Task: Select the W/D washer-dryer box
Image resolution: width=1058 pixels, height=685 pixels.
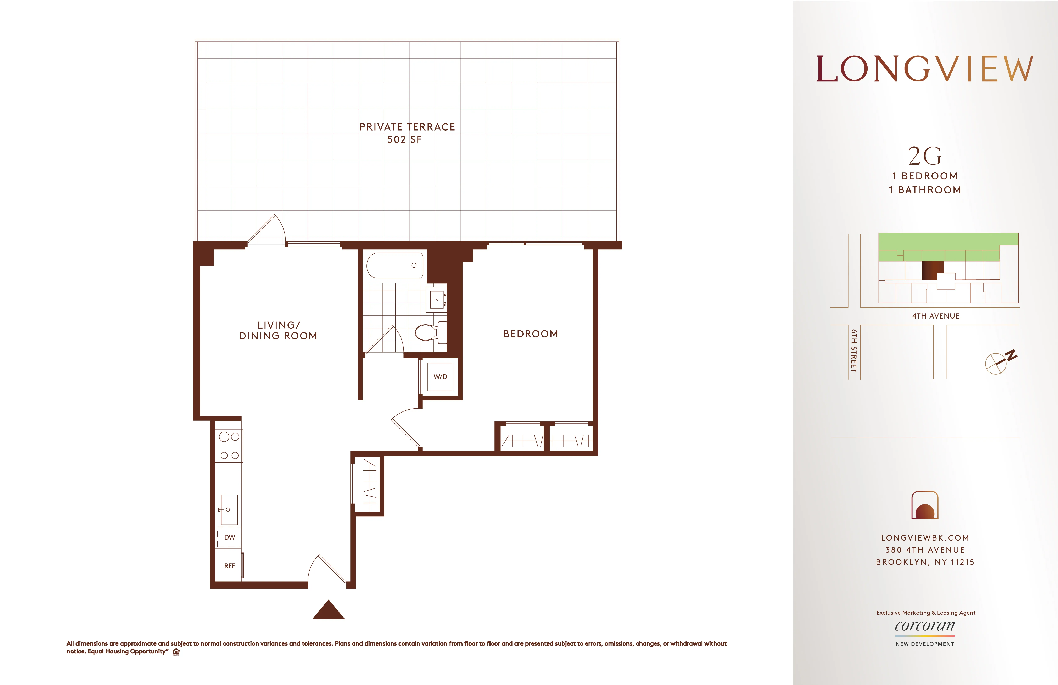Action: tap(440, 377)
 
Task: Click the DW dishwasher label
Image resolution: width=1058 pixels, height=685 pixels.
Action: tap(229, 537)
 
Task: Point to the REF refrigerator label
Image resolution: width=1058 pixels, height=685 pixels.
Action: tap(229, 566)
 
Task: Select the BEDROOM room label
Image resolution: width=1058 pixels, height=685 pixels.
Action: tap(530, 334)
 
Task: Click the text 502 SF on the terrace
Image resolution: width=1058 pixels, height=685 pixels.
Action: tap(404, 140)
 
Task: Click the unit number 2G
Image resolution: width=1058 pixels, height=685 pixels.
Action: tap(925, 156)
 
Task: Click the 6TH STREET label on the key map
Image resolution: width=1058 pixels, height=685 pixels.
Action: tap(853, 350)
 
